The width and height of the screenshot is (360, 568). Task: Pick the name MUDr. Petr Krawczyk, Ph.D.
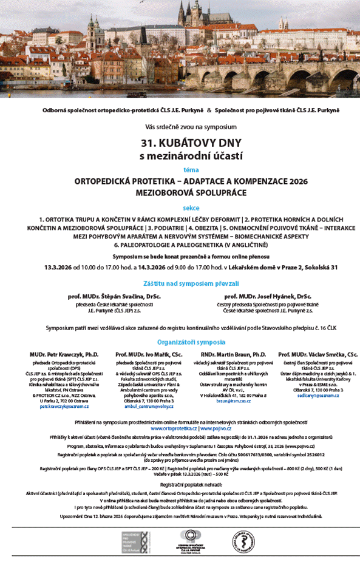64,354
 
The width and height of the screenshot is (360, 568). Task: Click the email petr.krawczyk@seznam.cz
64,406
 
